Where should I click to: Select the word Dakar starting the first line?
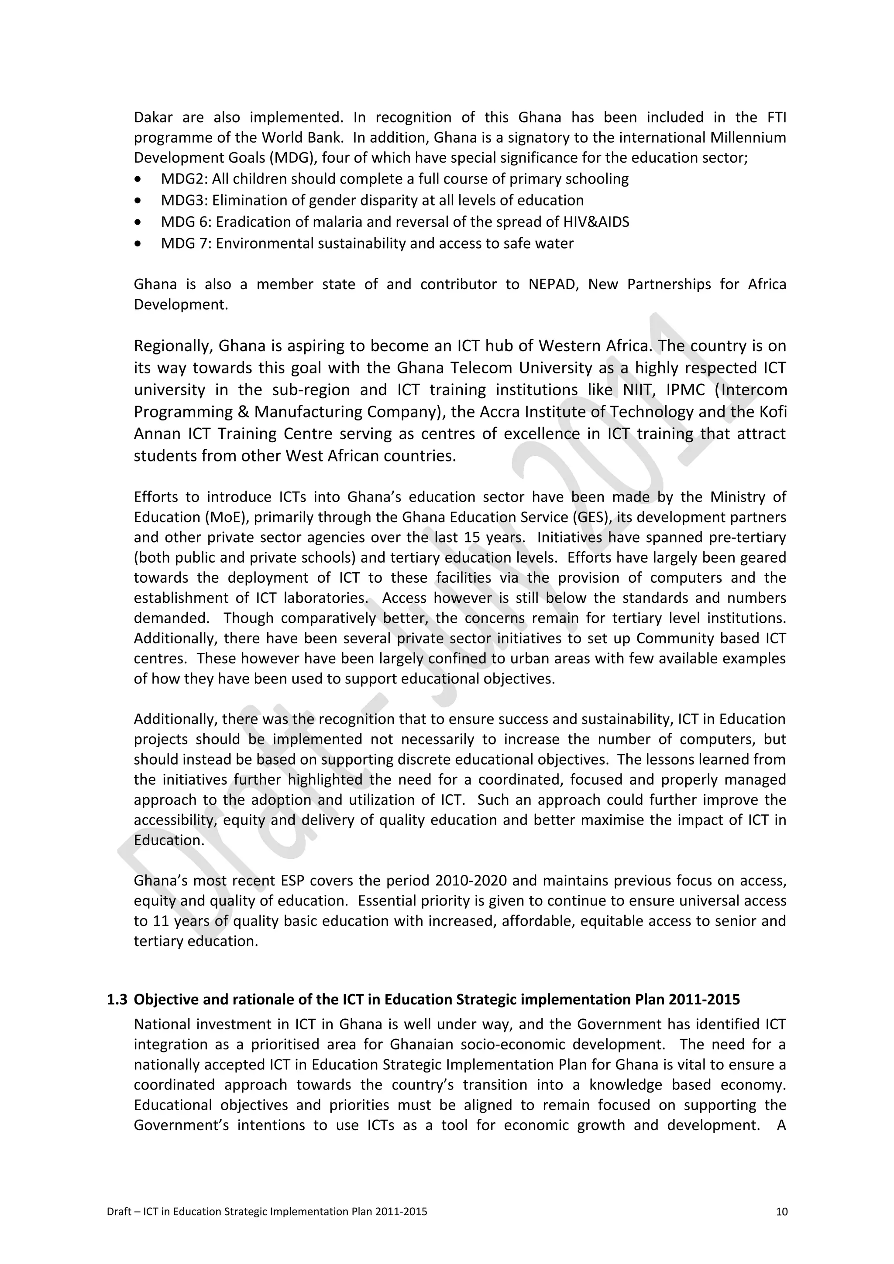point(153,117)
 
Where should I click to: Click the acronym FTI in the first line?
point(776,117)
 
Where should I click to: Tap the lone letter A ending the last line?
point(781,1125)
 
